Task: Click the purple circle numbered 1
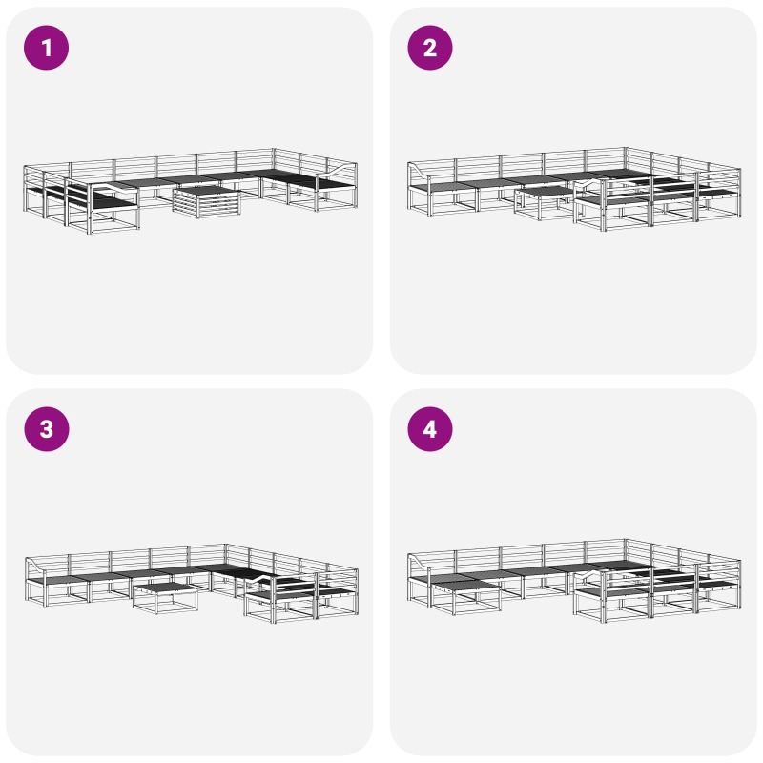46,48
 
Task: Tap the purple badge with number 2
430,48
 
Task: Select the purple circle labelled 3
46,429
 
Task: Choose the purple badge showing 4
430,429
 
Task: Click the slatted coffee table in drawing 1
207,202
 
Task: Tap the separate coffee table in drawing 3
166,597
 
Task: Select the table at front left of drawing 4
465,593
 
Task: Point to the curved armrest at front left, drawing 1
113,188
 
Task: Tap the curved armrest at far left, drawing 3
35,567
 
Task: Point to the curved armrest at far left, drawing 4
420,563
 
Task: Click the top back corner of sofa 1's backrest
274,149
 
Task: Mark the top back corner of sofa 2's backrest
626,148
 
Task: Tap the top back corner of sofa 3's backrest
225,545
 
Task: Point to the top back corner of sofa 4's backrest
626,539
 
